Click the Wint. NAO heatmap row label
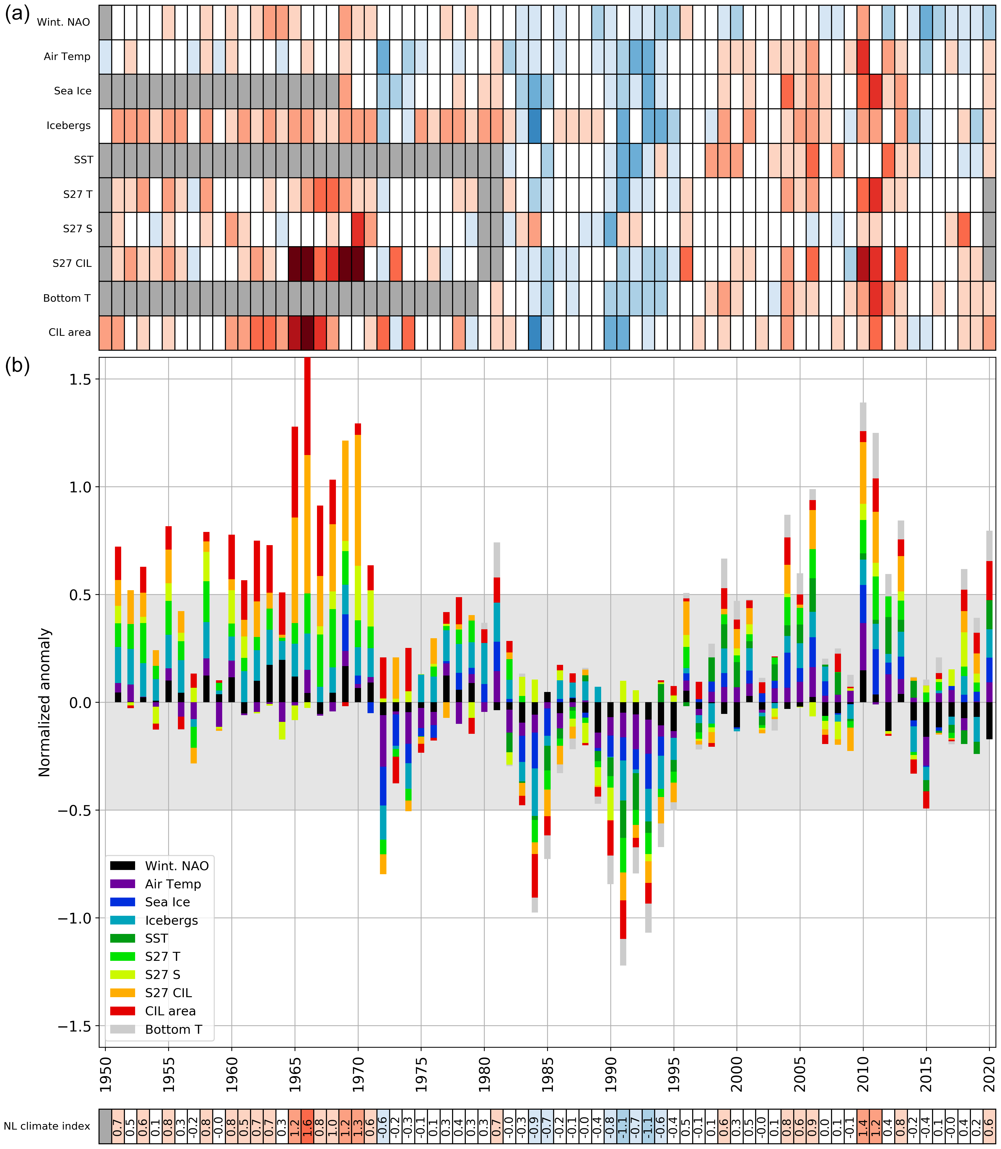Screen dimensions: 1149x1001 click(63, 22)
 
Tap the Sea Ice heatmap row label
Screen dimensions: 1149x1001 click(73, 91)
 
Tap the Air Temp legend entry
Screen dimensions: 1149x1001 click(173, 884)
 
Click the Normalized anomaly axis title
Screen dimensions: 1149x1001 click(45, 702)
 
